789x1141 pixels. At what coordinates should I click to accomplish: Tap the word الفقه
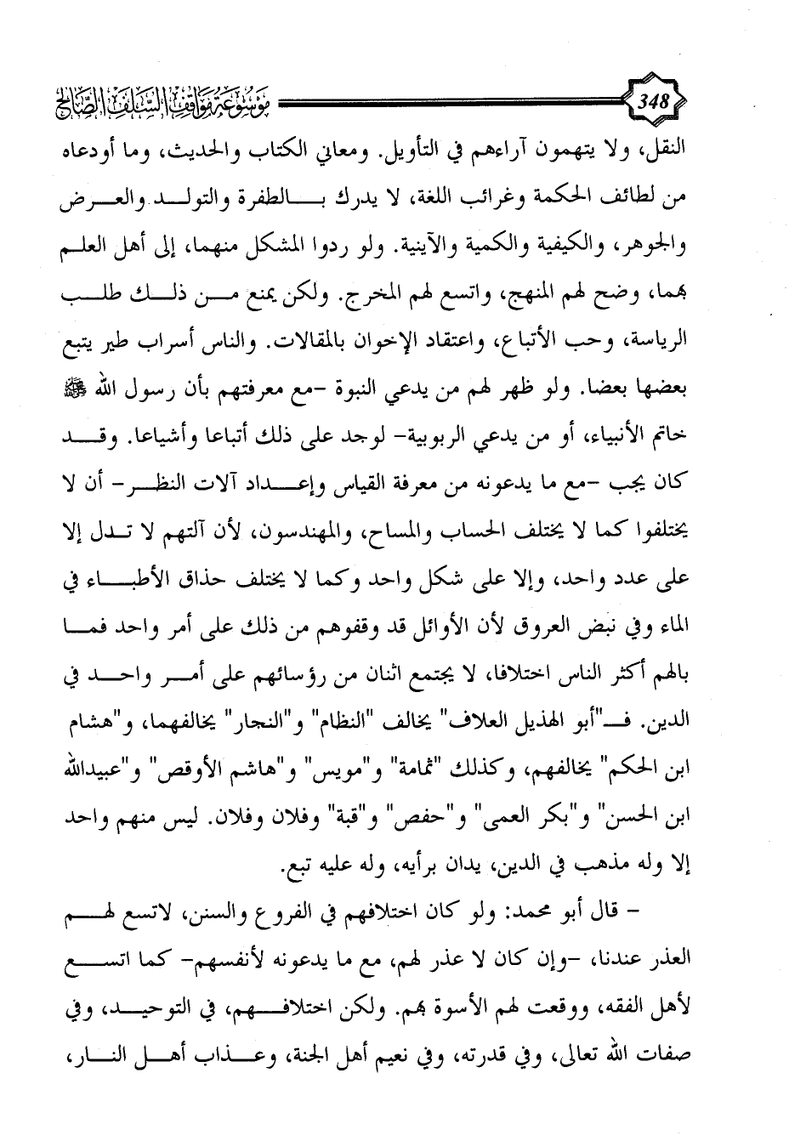635,1016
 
